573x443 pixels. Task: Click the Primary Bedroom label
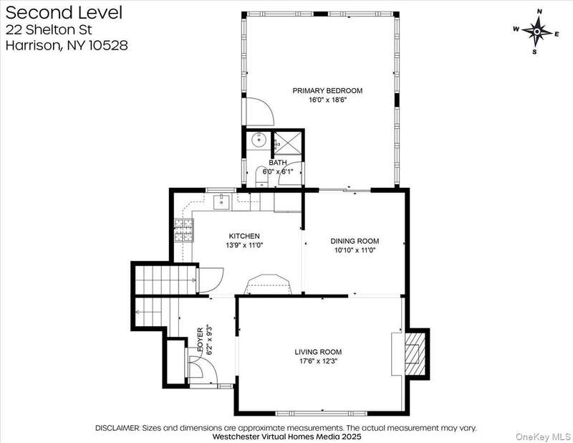pos(327,90)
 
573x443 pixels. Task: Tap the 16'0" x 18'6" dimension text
pos(327,100)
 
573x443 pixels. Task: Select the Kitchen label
pos(244,236)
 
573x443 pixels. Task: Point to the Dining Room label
pos(355,241)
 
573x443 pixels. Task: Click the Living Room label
pos(318,352)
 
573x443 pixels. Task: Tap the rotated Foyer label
pos(201,340)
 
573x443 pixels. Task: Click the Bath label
pos(278,163)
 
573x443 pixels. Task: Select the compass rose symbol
pos(536,32)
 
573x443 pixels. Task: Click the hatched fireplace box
pos(415,353)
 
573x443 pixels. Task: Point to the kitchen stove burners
pos(183,230)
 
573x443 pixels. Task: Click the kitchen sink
pos(221,202)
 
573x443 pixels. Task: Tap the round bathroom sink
pos(259,139)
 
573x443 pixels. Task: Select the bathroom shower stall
pos(288,143)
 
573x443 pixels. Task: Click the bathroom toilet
pos(261,177)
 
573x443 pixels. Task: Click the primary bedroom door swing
pos(260,112)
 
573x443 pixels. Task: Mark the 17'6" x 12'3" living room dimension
pos(318,361)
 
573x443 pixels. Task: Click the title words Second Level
pos(64,12)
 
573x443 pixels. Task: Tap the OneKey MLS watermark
pos(543,437)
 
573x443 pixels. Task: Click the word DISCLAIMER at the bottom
pos(117,428)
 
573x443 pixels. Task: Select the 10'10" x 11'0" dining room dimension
pos(355,251)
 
